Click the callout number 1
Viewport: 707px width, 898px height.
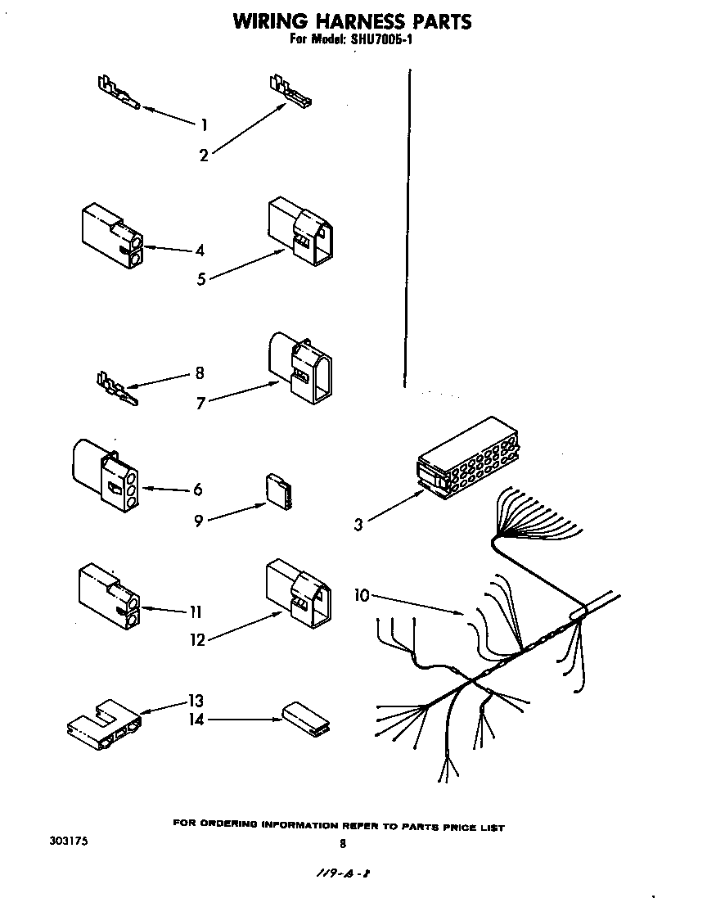click(204, 124)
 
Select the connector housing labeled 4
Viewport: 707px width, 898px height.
click(111, 237)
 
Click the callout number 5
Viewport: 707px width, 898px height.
click(201, 279)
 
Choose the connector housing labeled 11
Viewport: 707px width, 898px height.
click(110, 598)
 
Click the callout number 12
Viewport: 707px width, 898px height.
click(197, 640)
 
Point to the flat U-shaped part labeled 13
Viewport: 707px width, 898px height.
click(103, 721)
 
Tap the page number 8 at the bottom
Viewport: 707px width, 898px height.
click(342, 843)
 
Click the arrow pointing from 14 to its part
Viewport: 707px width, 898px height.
click(241, 720)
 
